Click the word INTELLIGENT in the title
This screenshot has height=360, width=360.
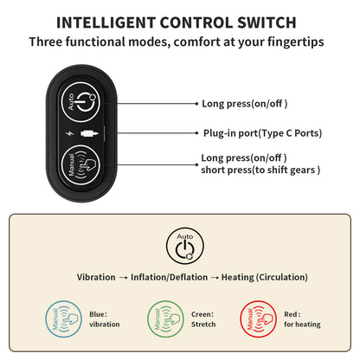tap(106, 22)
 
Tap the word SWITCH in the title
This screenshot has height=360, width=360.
tap(267, 22)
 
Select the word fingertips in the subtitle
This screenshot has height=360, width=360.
tap(295, 42)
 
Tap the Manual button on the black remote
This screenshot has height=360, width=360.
tap(81, 165)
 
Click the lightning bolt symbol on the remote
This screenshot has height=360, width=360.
tap(69, 133)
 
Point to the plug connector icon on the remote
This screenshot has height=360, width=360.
tap(89, 133)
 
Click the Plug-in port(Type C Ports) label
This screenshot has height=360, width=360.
tap(262, 133)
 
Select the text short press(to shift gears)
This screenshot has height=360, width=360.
tap(260, 170)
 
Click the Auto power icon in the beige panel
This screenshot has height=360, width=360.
tap(185, 246)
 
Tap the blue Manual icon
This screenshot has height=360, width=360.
tap(64, 319)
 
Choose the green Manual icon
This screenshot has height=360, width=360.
tap(165, 319)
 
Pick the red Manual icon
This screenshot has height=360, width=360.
tap(259, 319)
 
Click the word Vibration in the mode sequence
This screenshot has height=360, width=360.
tap(96, 277)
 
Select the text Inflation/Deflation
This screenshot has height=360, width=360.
tap(169, 277)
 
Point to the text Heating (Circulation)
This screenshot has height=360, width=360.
tap(265, 277)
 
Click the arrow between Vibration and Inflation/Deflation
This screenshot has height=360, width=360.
tap(123, 278)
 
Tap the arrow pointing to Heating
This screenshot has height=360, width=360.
tap(215, 278)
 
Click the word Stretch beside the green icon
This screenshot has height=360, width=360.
tap(203, 325)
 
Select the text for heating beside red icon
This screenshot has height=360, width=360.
tap(302, 325)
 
